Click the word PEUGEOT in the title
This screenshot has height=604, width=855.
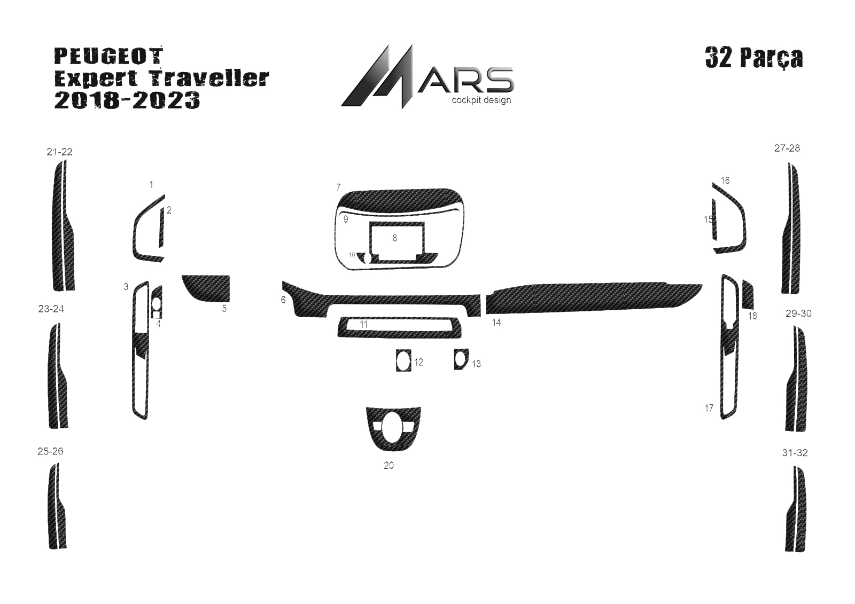pos(109,56)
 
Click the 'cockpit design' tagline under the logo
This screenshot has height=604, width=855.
pos(481,100)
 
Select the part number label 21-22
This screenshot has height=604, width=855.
pos(59,152)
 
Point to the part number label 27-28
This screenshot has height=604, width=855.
pos(787,148)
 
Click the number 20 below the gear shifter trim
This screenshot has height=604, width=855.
pos(388,466)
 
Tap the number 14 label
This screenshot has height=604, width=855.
pos(496,323)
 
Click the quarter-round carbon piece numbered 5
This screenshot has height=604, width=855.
pos(206,288)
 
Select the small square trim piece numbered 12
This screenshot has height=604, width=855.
pos(403,360)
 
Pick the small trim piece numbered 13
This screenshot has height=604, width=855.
pos(461,359)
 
